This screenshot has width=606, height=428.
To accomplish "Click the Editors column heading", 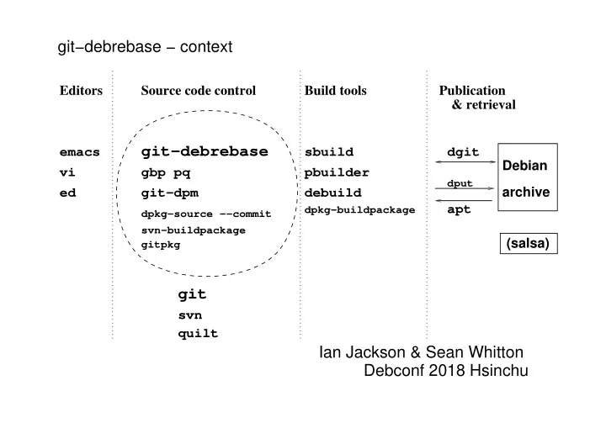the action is click(x=81, y=90).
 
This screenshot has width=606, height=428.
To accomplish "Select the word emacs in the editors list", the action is click(x=80, y=152).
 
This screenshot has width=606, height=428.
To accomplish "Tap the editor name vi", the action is click(x=67, y=172).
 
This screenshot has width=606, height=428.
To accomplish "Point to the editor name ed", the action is click(x=67, y=193).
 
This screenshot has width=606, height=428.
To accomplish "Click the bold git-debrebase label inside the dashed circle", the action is click(x=205, y=151).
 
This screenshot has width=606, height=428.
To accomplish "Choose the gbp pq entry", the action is click(x=166, y=172).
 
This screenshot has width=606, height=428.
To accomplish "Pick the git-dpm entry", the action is click(x=170, y=193).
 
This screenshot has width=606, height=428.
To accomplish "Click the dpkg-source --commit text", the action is click(x=206, y=214).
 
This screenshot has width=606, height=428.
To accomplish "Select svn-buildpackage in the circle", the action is click(x=194, y=230).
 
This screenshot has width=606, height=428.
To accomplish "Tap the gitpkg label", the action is click(x=161, y=245).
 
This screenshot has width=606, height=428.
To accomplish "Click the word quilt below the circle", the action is click(x=198, y=333).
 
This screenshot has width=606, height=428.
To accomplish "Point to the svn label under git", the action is click(x=190, y=315).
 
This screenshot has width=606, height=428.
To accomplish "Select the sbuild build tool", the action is click(x=329, y=152).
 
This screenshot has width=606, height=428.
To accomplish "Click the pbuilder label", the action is click(x=337, y=172).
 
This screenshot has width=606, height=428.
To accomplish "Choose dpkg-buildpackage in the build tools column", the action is click(x=360, y=210).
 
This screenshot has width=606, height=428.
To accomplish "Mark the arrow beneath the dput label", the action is click(x=465, y=188).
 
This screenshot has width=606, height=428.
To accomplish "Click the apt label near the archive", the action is click(x=460, y=209).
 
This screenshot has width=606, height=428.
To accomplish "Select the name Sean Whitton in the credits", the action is click(x=475, y=352).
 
